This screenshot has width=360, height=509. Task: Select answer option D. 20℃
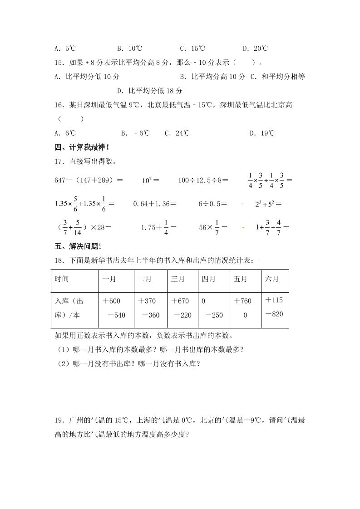click(x=255, y=49)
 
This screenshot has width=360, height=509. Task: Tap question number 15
click(x=59, y=63)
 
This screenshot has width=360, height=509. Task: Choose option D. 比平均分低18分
click(x=150, y=91)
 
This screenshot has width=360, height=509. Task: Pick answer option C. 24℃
click(x=177, y=133)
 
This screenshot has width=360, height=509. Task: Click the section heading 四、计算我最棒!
click(x=82, y=147)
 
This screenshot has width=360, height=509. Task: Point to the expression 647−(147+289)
click(x=89, y=180)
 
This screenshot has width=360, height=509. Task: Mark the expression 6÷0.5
click(x=212, y=204)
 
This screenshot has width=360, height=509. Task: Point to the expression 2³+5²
click(x=268, y=204)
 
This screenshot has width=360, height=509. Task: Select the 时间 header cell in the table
click(x=62, y=279)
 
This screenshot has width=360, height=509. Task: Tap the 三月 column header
click(x=178, y=279)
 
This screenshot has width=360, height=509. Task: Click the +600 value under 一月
click(x=112, y=301)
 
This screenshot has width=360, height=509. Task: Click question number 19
click(x=59, y=420)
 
